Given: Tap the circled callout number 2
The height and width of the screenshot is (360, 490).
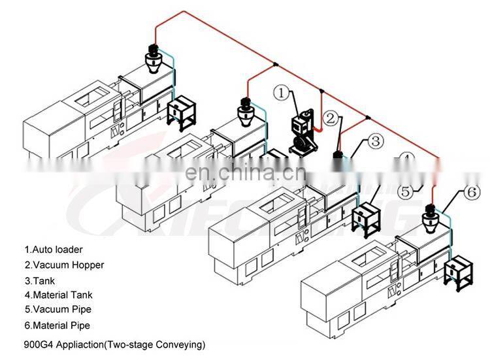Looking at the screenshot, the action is click(332, 118).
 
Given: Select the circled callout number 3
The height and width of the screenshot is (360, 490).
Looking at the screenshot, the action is click(374, 140).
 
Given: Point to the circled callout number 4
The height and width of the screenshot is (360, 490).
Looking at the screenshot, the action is click(406, 160).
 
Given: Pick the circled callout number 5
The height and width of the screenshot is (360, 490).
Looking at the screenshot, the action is click(406, 192).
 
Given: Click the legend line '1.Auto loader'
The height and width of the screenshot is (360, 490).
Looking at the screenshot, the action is click(54, 249).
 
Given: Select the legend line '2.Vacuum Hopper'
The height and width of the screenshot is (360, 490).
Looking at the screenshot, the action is click(64, 265).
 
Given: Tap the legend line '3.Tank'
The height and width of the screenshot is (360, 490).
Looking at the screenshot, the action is click(41, 280).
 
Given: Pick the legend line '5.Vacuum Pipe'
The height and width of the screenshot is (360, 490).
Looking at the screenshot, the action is click(57, 309).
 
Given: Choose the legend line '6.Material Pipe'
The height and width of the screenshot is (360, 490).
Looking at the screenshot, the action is click(57, 325).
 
